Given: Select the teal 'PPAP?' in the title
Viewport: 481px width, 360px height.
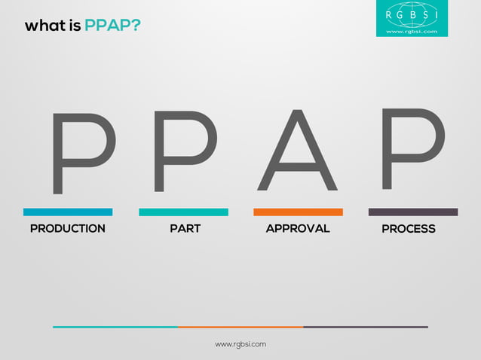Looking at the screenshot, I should [x=112, y=26].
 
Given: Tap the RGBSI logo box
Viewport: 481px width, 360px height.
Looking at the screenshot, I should [x=412, y=18].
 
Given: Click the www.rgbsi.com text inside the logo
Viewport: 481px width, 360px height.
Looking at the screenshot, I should [x=412, y=32].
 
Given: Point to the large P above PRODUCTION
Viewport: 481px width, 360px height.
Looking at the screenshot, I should [x=81, y=153].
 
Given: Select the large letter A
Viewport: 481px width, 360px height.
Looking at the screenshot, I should [x=297, y=151].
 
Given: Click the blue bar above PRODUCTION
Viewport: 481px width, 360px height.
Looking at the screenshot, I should [x=68, y=212].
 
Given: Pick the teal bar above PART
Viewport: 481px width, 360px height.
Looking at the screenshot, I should [x=183, y=212].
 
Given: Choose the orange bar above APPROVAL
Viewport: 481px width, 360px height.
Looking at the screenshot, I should [x=298, y=212].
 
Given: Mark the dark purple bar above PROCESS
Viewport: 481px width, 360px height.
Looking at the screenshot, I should [x=412, y=212].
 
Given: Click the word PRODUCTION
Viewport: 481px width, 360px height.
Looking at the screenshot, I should [x=68, y=228].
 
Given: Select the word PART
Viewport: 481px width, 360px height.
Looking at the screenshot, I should [x=185, y=228].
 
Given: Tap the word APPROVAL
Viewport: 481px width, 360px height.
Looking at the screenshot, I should [x=298, y=228].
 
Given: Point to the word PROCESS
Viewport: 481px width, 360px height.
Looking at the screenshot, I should [x=409, y=229].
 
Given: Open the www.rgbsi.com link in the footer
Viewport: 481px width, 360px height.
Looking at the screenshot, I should [x=240, y=344].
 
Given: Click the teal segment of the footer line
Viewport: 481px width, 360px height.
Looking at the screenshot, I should [x=115, y=327].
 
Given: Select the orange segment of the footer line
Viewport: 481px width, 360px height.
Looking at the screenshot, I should [x=240, y=327].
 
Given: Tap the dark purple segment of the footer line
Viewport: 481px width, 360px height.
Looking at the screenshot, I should [x=366, y=327].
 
